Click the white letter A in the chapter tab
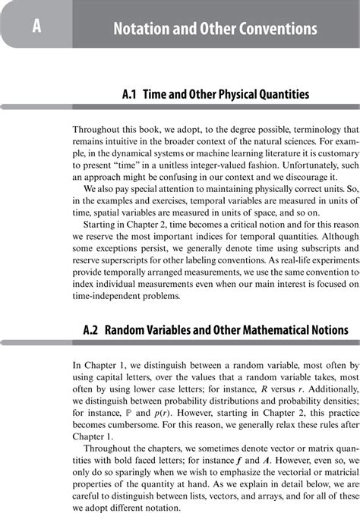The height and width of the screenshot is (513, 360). coord(36,28)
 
